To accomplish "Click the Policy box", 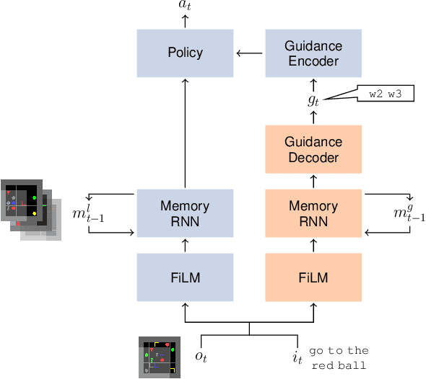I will point(185,53).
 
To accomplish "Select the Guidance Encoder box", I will point(313,53).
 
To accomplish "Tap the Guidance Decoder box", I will point(313,149).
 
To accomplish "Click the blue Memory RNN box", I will point(185,213).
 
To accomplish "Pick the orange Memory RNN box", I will point(313,213).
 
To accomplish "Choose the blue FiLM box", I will point(185,277).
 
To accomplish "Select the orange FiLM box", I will point(313,277).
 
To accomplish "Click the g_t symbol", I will point(313,100).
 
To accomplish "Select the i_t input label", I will point(297,356).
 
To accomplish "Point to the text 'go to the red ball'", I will point(339,357).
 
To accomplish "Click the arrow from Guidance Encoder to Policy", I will point(249,53).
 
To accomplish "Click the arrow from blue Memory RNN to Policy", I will point(185,133).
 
